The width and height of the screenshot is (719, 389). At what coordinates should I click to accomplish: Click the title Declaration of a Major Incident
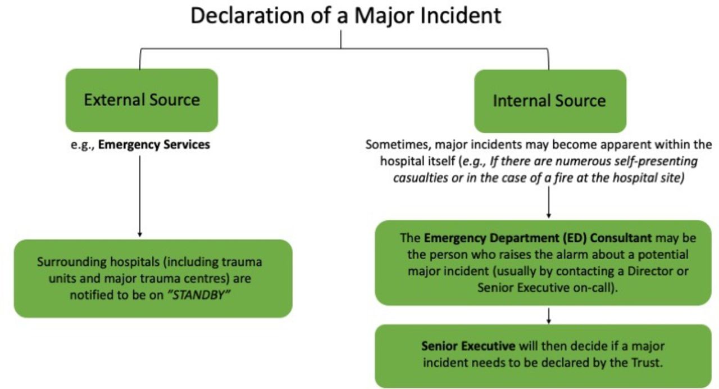[x=345, y=15]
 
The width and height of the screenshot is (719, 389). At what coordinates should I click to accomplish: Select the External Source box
[x=142, y=100]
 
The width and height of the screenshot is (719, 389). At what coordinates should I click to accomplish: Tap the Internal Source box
[x=550, y=101]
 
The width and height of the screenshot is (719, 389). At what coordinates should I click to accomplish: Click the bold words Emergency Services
[x=154, y=144]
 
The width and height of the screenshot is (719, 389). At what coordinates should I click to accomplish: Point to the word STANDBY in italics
[x=199, y=295]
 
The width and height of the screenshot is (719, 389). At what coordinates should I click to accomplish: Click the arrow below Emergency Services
[x=140, y=196]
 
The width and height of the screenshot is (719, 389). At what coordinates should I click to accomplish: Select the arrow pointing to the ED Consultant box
[x=549, y=202]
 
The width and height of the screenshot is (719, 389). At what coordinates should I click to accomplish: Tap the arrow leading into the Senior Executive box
[x=549, y=316]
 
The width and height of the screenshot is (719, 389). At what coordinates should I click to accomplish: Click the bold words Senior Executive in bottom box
[x=468, y=346]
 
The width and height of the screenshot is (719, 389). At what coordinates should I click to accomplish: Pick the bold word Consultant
[x=621, y=238]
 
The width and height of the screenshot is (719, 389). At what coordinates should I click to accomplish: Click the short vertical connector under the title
[x=341, y=39]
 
